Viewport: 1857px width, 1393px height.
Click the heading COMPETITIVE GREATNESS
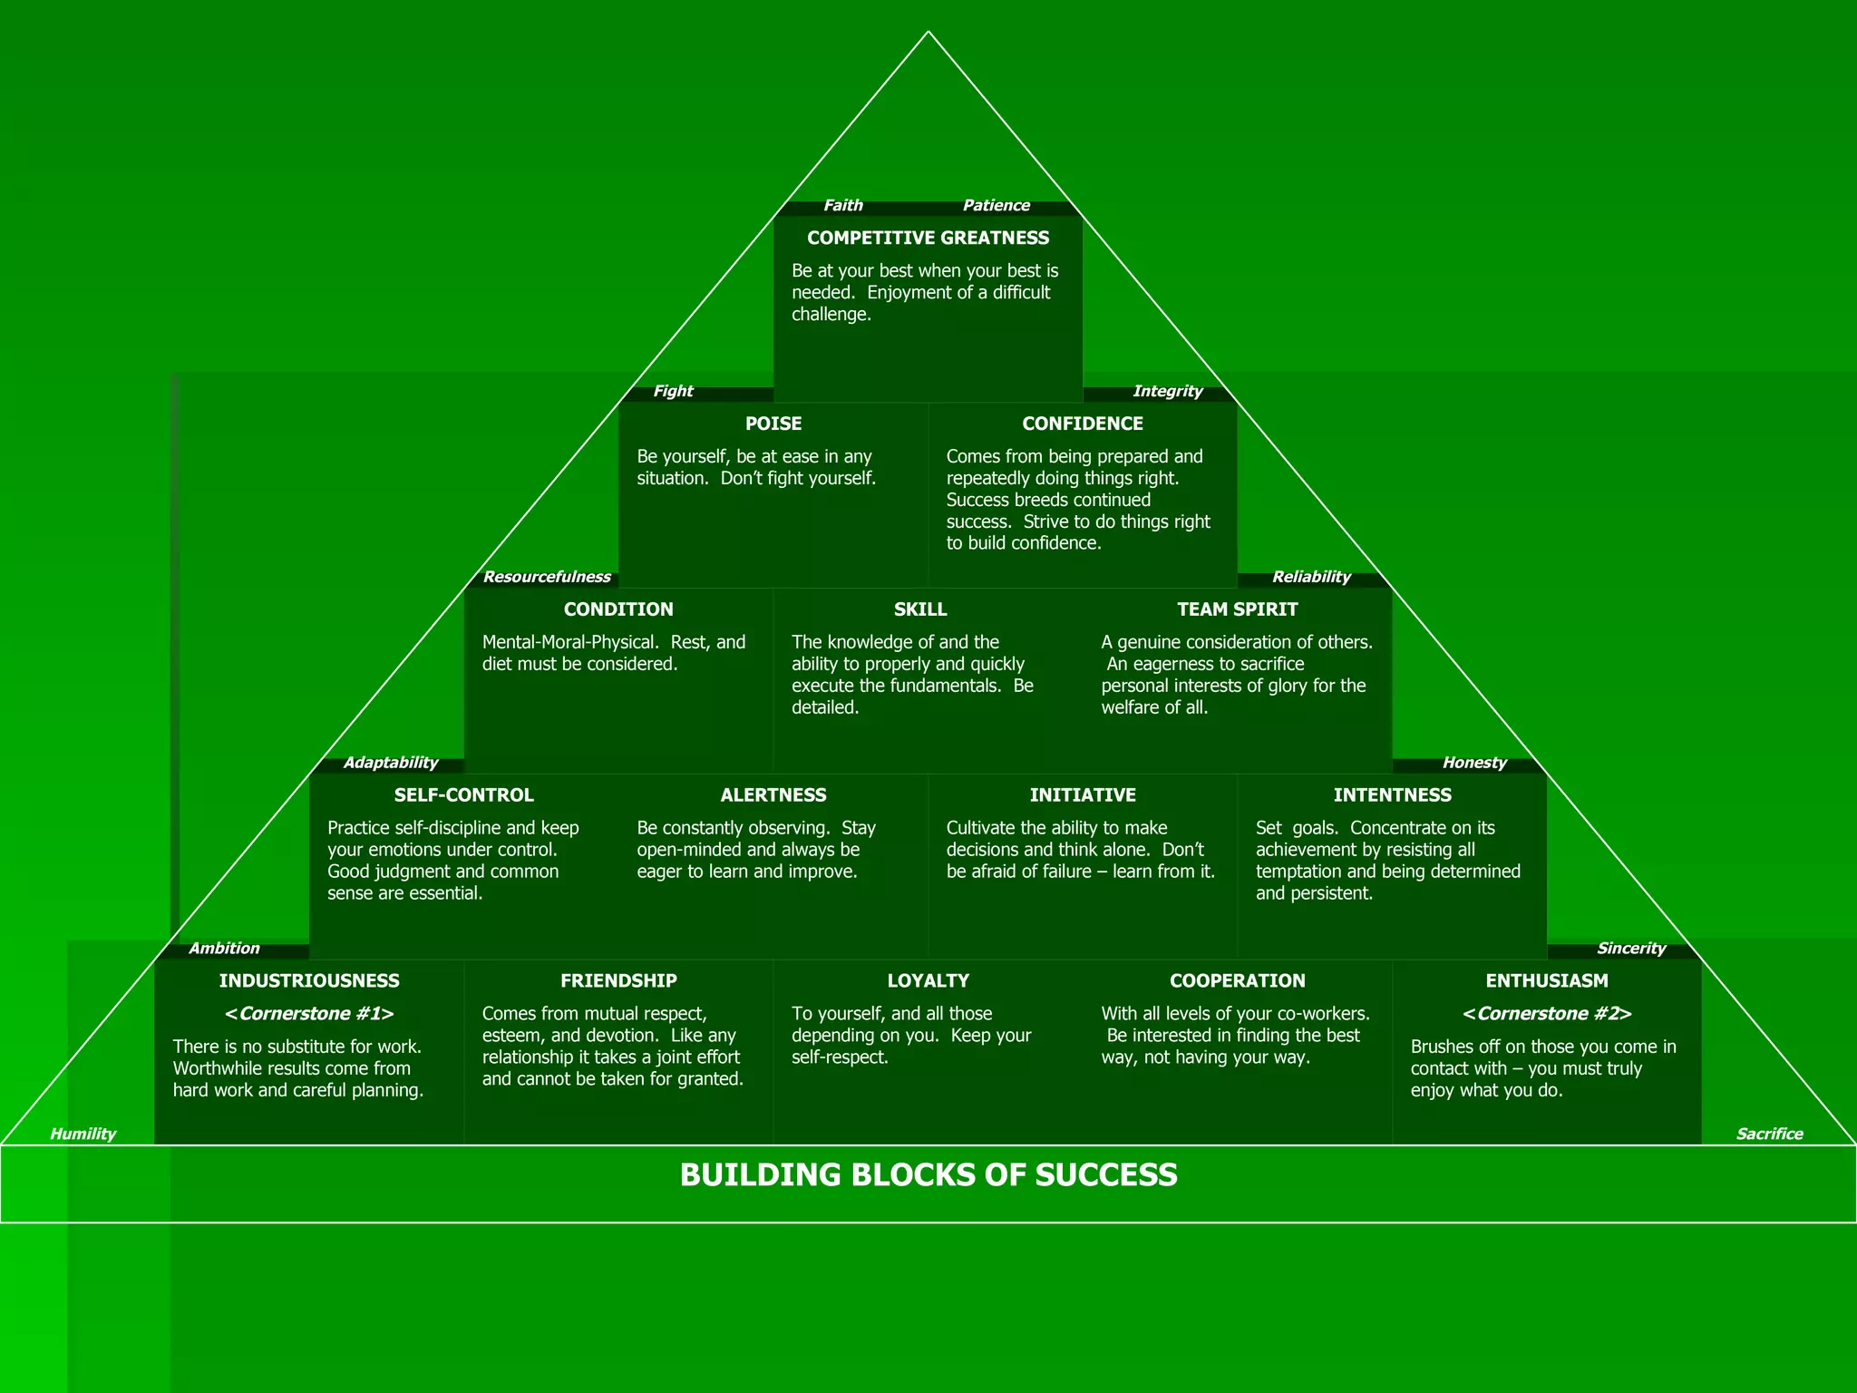click(x=928, y=238)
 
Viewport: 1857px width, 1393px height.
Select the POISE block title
click(x=773, y=424)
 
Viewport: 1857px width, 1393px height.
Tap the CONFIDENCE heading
click(x=1082, y=424)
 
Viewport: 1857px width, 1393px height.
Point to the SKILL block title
click(x=919, y=609)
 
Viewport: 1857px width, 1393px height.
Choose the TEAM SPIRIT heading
click(x=1237, y=609)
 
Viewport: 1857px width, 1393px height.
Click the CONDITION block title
click(x=618, y=609)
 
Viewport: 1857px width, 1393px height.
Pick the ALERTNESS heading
click(x=773, y=795)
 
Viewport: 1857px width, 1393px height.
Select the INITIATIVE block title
click(x=1082, y=795)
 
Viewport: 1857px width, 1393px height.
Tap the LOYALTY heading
click(x=928, y=980)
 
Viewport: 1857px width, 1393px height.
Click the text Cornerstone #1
click(x=309, y=1014)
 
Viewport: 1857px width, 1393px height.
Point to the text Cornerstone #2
click(x=1546, y=1014)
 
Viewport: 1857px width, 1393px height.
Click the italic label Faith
click(x=842, y=206)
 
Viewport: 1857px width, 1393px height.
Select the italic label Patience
click(x=996, y=206)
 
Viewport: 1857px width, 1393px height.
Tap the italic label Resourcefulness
click(x=547, y=577)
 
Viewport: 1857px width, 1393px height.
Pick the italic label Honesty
click(x=1473, y=763)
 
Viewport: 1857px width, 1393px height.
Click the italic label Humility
click(x=83, y=1134)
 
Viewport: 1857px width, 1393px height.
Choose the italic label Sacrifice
click(x=1768, y=1134)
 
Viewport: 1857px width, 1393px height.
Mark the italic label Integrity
click(x=1167, y=391)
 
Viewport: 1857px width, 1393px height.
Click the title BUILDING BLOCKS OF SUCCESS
click(x=928, y=1175)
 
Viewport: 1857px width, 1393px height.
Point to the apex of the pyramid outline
click(x=928, y=32)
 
